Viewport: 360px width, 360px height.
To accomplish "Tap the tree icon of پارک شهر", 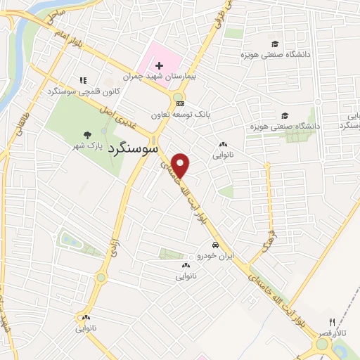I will (87, 135).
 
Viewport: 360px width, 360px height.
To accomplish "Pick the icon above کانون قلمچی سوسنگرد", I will (83, 82).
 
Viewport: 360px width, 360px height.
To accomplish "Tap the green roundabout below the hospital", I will (178, 98).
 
